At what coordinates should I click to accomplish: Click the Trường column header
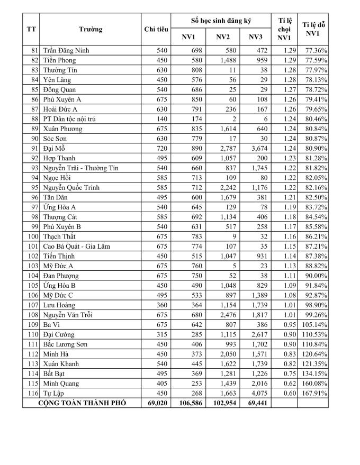pyautogui.click(x=91, y=29)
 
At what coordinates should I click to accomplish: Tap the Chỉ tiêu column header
pyautogui.click(x=156, y=29)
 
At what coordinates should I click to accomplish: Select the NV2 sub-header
pyautogui.click(x=222, y=37)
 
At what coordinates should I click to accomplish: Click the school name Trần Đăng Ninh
pyautogui.click(x=66, y=50)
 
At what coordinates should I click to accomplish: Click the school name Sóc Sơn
pyautogui.click(x=57, y=139)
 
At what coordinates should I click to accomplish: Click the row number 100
pyautogui.click(x=33, y=236)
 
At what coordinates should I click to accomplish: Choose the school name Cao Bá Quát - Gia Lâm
pyautogui.click(x=80, y=246)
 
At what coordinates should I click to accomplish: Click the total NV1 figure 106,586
pyautogui.click(x=190, y=403)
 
